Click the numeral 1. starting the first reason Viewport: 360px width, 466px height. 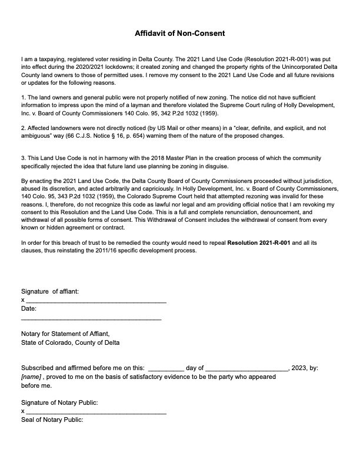pyautogui.click(x=23, y=96)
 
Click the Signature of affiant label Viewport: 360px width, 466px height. pyautogui.click(x=50, y=291)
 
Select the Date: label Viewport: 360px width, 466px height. pyautogui.click(x=29, y=308)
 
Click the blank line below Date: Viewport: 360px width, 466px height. pyautogui.click(x=91, y=318)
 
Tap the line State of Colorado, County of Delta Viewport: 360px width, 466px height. pyautogui.click(x=70, y=342)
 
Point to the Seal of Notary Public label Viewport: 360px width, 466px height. pyautogui.click(x=52, y=420)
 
